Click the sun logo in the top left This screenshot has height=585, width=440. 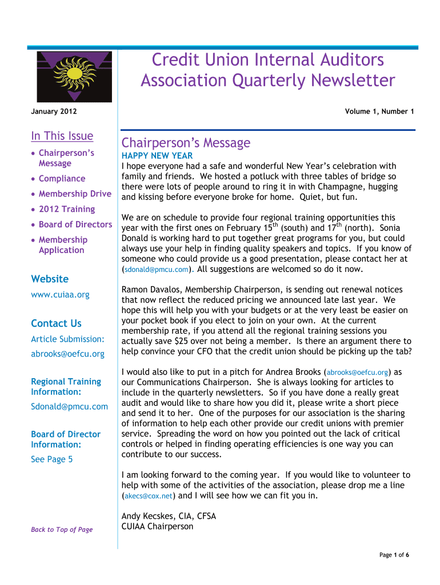pos(75,75)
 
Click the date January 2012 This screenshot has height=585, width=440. pos(54,112)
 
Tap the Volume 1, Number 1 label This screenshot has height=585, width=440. pos(379,112)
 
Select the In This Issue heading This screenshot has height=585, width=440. pos(62,136)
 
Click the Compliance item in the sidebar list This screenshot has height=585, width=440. pos(62,179)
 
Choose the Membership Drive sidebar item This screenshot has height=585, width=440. pos(75,194)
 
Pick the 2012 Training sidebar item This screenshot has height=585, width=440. pos(67,209)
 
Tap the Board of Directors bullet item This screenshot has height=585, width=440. pos(75,225)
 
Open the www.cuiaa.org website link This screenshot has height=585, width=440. pos(60,295)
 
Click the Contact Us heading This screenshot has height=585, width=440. pos(56,323)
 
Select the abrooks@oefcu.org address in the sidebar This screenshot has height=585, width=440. pos(67,354)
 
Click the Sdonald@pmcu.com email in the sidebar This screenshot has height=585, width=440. pos(69,407)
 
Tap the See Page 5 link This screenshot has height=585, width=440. pos(51,459)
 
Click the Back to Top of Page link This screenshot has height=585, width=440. pos(62,530)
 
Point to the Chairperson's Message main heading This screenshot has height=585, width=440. pos(186,143)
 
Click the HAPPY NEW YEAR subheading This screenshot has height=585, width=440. pos(157,156)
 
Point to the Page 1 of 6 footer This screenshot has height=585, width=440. pos(394,555)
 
